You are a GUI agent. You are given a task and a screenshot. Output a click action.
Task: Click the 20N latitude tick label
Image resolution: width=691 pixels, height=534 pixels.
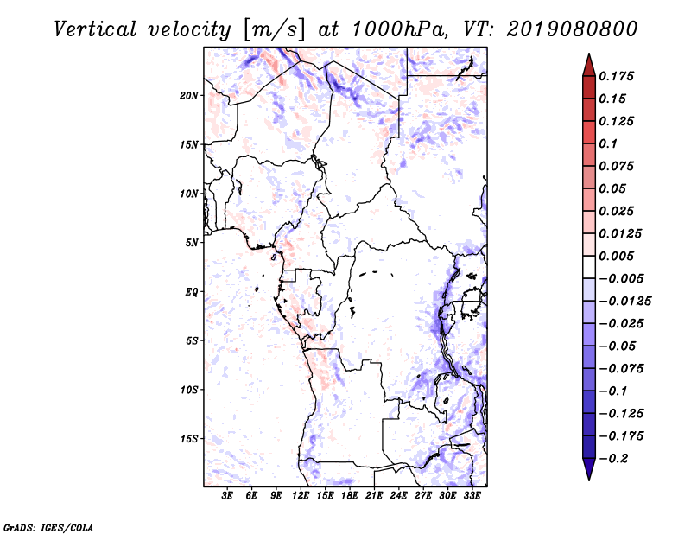(x=189, y=95)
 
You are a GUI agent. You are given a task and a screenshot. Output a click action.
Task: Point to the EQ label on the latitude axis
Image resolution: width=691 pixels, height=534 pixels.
(x=192, y=291)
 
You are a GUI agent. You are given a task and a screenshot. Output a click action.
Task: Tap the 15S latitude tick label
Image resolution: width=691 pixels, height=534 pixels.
(x=189, y=439)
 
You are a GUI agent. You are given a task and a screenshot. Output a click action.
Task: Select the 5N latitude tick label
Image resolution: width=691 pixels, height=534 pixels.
(x=192, y=243)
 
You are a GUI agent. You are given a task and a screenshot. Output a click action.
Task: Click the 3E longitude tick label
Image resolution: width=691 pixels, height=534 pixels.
(x=228, y=495)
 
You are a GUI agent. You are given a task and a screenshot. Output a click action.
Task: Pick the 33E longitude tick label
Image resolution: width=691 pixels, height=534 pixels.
(x=472, y=495)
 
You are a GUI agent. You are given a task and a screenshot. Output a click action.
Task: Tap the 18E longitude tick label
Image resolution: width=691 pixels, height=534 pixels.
(x=350, y=495)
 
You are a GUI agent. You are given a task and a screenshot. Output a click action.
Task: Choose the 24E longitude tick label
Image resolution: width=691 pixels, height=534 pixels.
(x=399, y=495)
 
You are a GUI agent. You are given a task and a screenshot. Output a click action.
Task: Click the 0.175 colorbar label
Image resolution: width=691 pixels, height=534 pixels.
(x=618, y=76)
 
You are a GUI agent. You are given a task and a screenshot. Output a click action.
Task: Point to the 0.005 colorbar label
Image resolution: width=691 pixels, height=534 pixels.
(x=618, y=256)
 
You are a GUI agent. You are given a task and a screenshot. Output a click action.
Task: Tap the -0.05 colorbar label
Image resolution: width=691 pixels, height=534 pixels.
(x=618, y=346)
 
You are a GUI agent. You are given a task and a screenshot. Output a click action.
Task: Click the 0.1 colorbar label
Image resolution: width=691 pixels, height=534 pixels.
(x=609, y=143)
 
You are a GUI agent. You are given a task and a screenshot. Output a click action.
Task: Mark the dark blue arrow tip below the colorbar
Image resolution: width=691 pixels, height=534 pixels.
(x=587, y=474)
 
